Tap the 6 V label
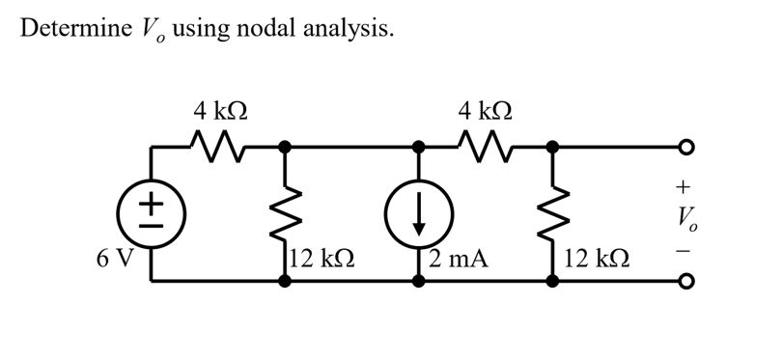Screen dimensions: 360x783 (115, 259)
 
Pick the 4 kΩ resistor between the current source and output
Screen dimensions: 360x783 (486, 147)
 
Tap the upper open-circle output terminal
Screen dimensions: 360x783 (686, 147)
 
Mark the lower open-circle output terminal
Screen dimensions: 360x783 (686, 282)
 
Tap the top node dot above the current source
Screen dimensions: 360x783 (418, 147)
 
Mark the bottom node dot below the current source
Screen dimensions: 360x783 (418, 282)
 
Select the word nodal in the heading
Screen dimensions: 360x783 (266, 28)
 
